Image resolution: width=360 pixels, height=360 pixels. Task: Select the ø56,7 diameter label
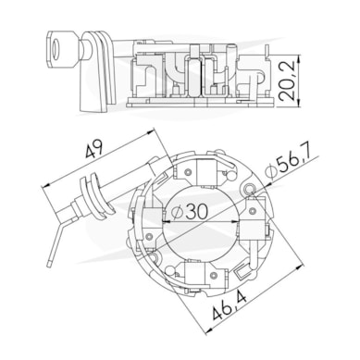[292, 164]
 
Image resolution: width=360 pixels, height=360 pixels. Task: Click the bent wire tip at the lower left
[49, 265]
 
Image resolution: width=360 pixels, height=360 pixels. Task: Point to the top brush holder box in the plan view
[207, 171]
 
